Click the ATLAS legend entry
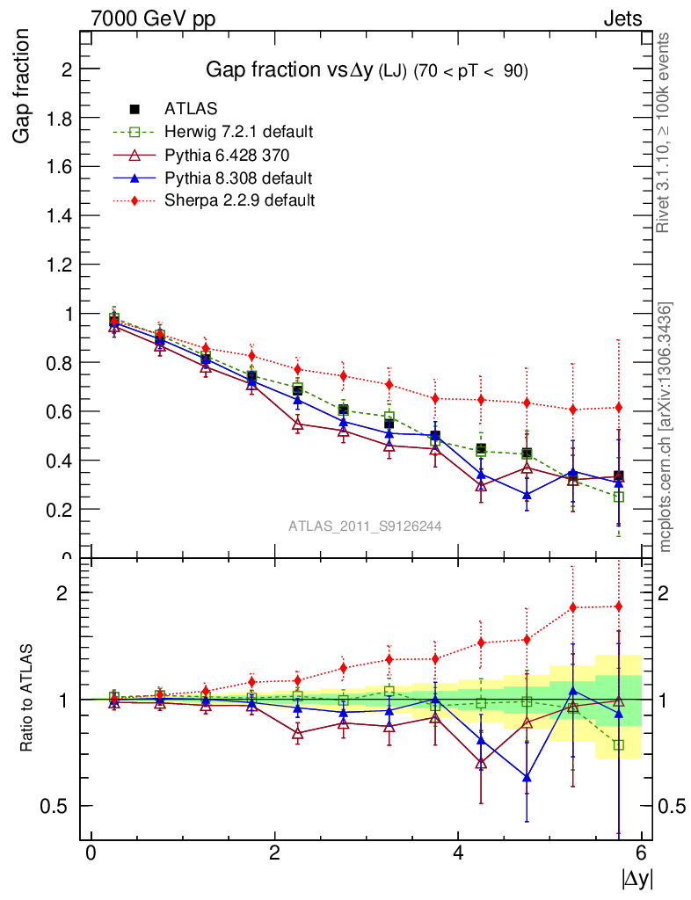pyautogui.click(x=191, y=109)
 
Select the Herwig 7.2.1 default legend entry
pyautogui.click(x=238, y=132)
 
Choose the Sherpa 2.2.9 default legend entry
pyautogui.click(x=239, y=200)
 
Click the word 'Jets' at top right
pyautogui.click(x=622, y=18)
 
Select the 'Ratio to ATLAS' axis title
pyautogui.click(x=26, y=699)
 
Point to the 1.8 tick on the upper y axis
pyautogui.click(x=61, y=118)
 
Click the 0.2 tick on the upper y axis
pyautogui.click(x=61, y=509)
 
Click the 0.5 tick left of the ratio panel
pyautogui.click(x=59, y=806)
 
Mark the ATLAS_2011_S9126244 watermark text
pyautogui.click(x=365, y=526)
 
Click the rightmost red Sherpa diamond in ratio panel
pyautogui.click(x=619, y=606)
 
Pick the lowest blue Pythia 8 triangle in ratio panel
pyautogui.click(x=527, y=777)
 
